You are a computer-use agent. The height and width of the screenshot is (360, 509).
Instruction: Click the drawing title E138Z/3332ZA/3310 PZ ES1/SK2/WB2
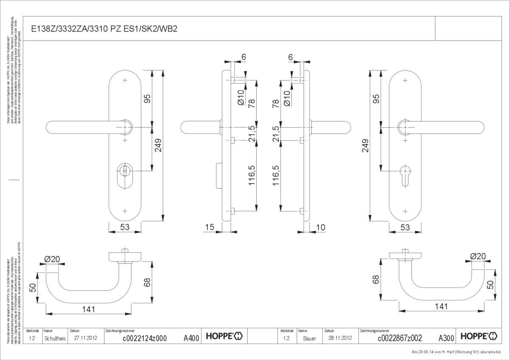(x=104, y=29)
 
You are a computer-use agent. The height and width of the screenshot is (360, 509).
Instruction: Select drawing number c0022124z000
(x=144, y=338)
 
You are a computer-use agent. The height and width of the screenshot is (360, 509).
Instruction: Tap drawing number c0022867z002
(x=400, y=338)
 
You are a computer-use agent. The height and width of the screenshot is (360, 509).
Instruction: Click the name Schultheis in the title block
(x=55, y=338)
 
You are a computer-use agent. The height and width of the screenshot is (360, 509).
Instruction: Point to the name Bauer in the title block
(x=309, y=338)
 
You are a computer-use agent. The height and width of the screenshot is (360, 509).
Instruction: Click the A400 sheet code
(x=191, y=338)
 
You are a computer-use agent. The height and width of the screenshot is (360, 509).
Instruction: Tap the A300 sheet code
(x=446, y=338)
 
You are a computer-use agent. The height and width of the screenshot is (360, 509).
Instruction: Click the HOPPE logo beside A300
(x=479, y=336)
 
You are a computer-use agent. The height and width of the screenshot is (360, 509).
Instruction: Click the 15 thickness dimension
(x=209, y=228)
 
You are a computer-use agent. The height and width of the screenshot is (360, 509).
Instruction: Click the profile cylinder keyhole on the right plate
(x=406, y=172)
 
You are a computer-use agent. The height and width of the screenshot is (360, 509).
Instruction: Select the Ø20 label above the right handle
(x=478, y=256)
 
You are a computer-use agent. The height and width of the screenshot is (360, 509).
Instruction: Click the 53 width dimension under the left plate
(x=124, y=227)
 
